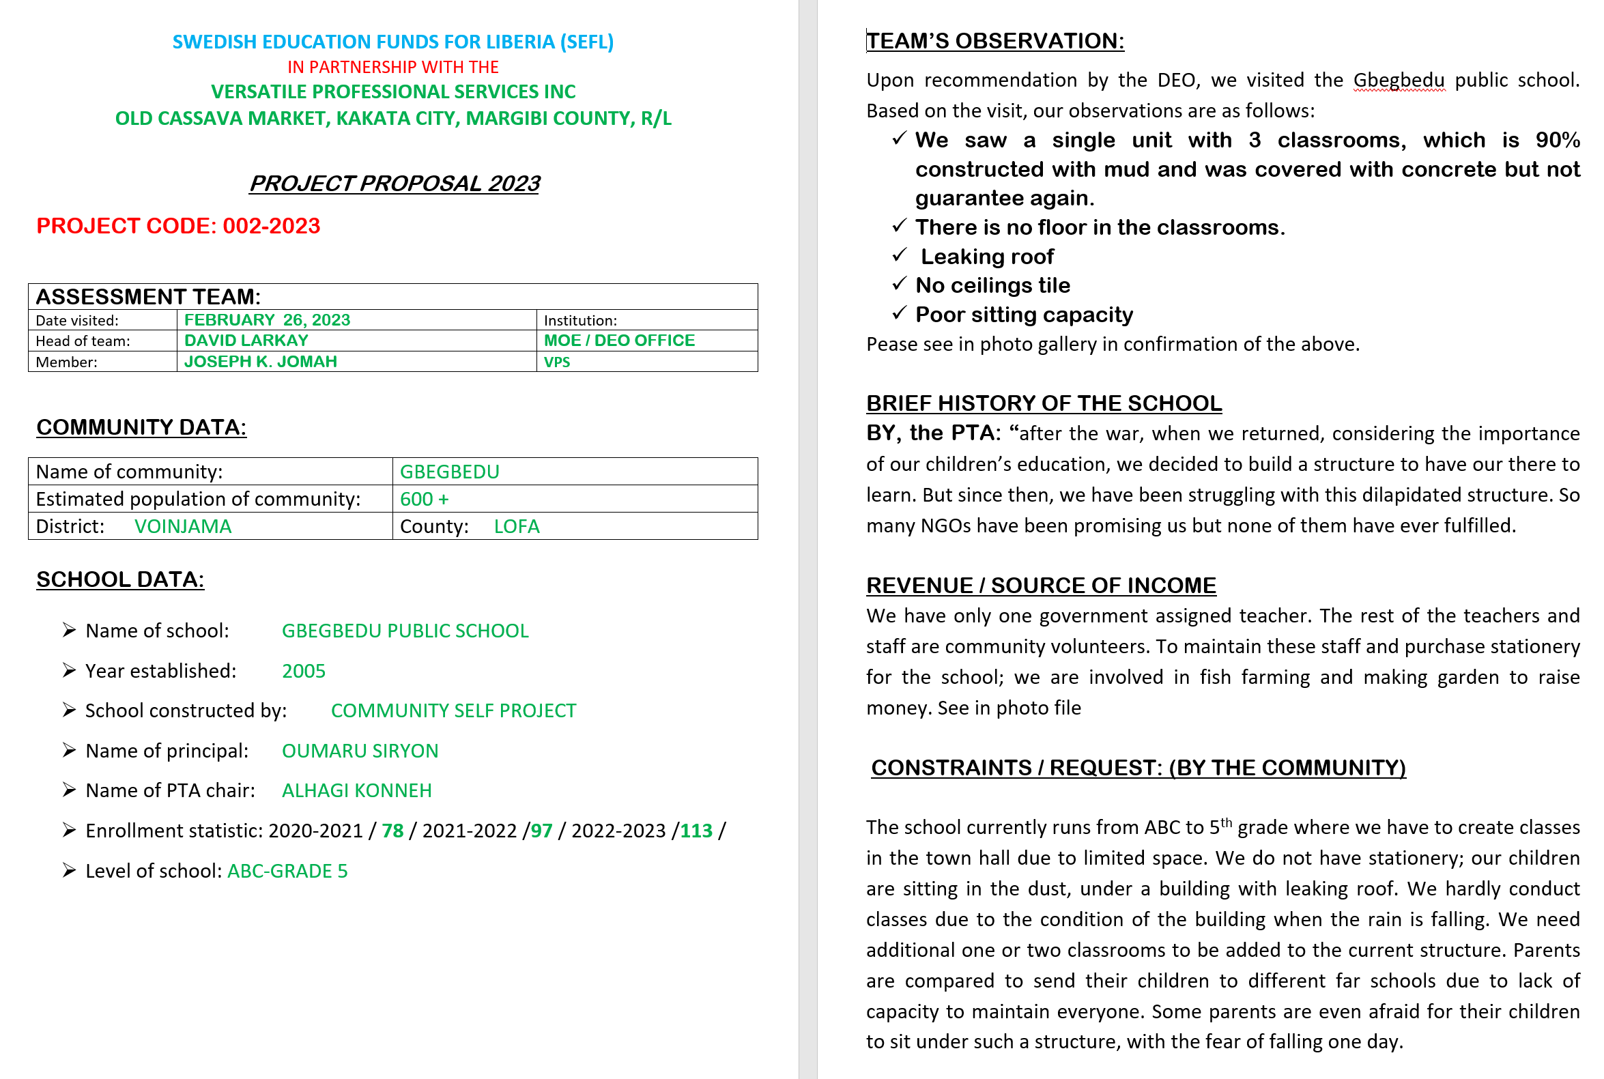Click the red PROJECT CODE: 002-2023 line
(178, 226)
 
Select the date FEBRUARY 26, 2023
(267, 320)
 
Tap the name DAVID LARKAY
(246, 341)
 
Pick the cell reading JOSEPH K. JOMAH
(260, 362)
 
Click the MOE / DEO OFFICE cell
(618, 341)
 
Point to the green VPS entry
(557, 362)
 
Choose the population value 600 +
(424, 499)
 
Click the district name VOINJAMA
(183, 526)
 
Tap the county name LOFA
(516, 526)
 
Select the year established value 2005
(304, 671)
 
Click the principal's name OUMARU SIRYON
(360, 751)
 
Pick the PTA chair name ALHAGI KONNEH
(356, 791)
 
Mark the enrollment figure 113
(696, 831)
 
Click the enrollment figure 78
(392, 831)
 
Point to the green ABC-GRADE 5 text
(287, 871)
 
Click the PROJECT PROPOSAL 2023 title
(394, 184)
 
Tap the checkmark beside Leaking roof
(899, 255)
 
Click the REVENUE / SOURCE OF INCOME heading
(1040, 586)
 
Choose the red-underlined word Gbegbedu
(1399, 81)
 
